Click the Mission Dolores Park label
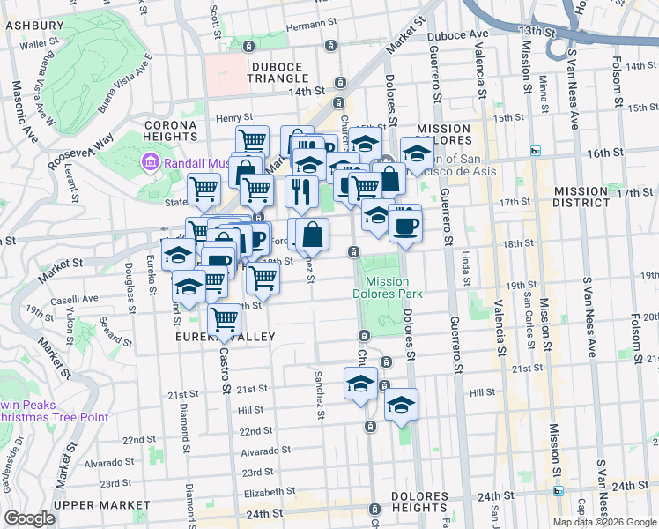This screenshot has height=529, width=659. [388, 287]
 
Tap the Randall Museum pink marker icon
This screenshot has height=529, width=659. [149, 162]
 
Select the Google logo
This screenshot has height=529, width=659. [29, 518]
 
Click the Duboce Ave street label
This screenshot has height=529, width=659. [457, 34]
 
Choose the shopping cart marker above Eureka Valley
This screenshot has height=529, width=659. [225, 320]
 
